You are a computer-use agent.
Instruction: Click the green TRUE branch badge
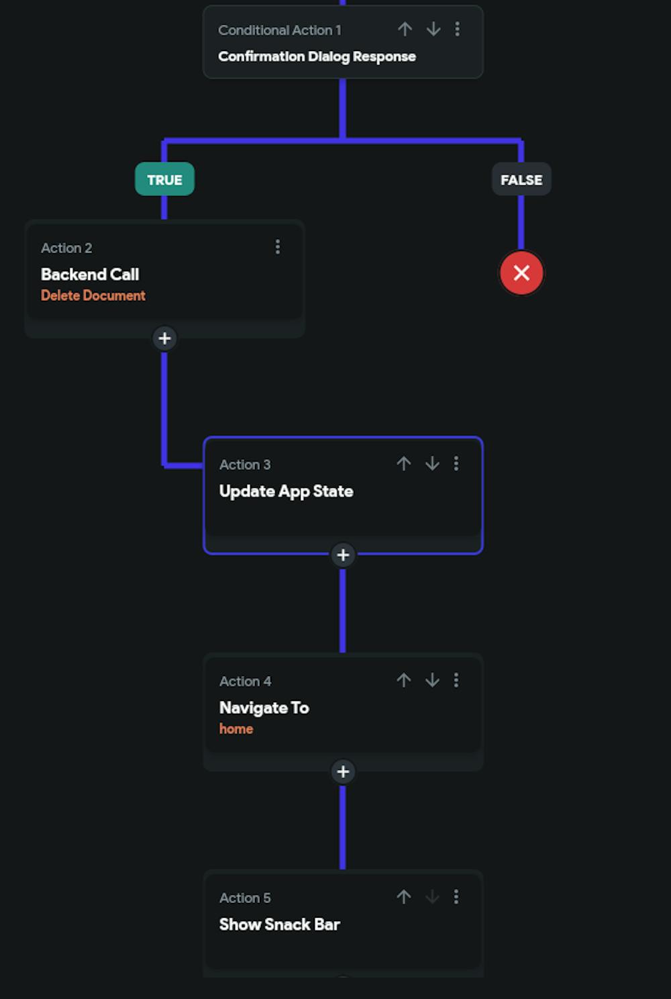point(164,180)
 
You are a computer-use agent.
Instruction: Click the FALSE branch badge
point(521,180)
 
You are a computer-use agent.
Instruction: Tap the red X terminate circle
point(521,273)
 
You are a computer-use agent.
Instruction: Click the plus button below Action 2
point(164,338)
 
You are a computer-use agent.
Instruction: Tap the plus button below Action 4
point(343,772)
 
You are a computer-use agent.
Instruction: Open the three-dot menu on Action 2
point(277,247)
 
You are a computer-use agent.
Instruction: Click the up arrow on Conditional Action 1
point(405,29)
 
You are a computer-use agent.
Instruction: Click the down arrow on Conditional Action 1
point(433,29)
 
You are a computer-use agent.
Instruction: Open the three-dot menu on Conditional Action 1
point(457,29)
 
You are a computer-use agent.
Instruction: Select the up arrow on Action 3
point(403,463)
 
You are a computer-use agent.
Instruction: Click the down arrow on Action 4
point(432,680)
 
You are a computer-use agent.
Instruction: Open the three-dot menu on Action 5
point(456,897)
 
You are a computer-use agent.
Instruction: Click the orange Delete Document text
point(93,295)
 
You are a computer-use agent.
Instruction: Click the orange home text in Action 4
point(236,729)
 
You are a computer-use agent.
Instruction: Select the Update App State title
point(286,491)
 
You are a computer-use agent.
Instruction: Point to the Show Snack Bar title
point(279,924)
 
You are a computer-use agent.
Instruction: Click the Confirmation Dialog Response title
point(317,56)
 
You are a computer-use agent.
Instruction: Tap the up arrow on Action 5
point(403,897)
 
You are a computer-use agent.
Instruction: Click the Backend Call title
point(90,275)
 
